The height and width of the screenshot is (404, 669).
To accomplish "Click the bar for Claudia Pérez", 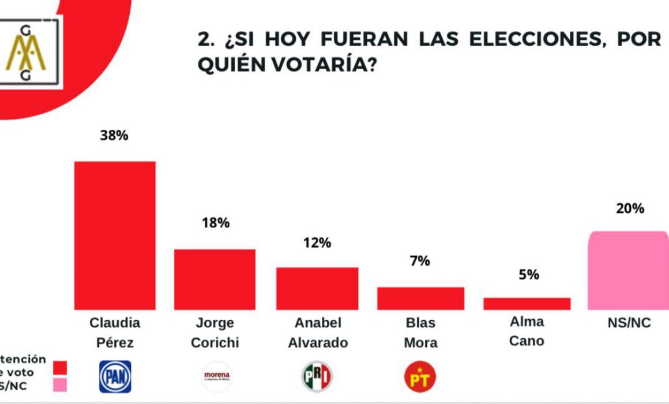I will pos(115,235).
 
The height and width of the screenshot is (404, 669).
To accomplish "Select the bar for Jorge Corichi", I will pos(215,279).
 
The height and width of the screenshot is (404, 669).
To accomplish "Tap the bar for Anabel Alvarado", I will pos(317,289).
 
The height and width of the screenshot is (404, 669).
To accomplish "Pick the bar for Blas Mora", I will pos(420,298).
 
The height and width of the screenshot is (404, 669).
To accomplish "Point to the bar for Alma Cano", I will pos(527,304).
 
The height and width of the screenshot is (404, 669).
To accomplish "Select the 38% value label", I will pos(114,137).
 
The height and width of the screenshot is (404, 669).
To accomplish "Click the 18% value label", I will pos(215,223).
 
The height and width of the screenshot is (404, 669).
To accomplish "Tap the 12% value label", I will pos(317,243).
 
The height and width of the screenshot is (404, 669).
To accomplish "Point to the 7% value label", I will pos(420,261).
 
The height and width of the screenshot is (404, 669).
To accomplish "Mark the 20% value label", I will pos(630,209).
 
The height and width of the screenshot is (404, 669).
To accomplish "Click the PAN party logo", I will pos(115,377).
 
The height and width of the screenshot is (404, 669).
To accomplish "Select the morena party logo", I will pos(216,376).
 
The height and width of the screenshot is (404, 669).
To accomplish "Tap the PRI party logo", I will pos(317,377).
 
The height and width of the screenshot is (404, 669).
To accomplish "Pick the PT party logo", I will pos(420,377).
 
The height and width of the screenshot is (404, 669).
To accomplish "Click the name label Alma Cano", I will pos(527,331).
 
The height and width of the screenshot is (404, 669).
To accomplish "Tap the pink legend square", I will pos(59,384).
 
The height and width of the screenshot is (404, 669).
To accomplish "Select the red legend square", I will pos(59,368).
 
